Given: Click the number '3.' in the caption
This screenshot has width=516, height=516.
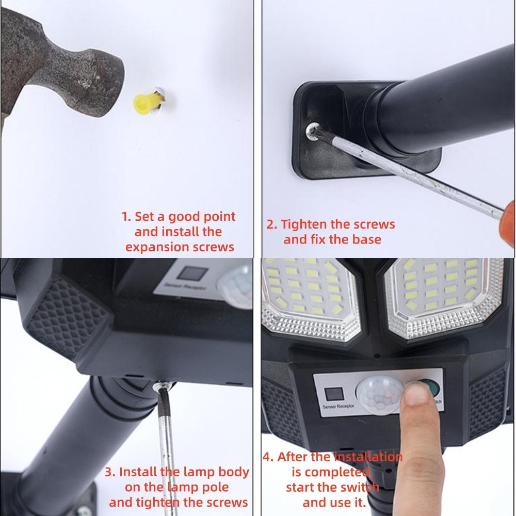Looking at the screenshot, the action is point(110,472).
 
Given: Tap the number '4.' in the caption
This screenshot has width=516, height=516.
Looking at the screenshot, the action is point(268,457).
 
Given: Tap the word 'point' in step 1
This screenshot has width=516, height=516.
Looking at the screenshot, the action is point(219,217).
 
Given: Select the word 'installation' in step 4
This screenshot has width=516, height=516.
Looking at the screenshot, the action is point(367,457).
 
